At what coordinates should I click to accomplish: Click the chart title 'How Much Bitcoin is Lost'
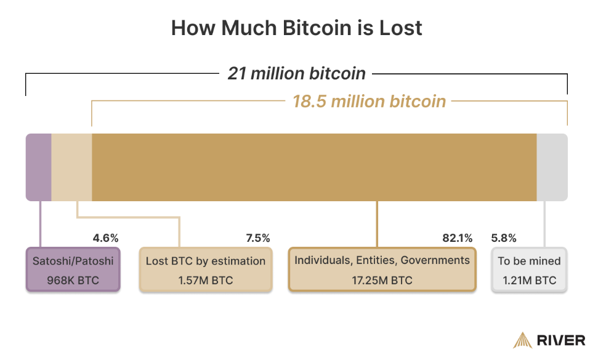click(296, 28)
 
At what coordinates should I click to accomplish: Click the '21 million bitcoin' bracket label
click(296, 74)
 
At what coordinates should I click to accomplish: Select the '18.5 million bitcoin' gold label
click(369, 101)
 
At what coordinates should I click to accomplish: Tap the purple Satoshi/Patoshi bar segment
click(38, 167)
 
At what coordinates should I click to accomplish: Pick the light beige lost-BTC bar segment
click(71, 167)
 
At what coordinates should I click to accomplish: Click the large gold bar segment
click(314, 167)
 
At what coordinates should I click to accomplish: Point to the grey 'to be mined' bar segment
click(552, 167)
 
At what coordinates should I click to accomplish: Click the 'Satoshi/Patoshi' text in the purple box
click(73, 261)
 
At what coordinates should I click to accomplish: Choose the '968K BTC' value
click(73, 281)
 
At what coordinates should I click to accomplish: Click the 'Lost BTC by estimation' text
click(206, 261)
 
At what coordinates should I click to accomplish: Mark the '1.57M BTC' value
click(206, 281)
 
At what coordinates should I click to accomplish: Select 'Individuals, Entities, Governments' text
click(382, 260)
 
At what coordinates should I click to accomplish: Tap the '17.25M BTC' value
click(382, 281)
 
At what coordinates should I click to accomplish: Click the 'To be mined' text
click(529, 261)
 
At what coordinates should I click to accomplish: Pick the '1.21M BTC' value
click(529, 281)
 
